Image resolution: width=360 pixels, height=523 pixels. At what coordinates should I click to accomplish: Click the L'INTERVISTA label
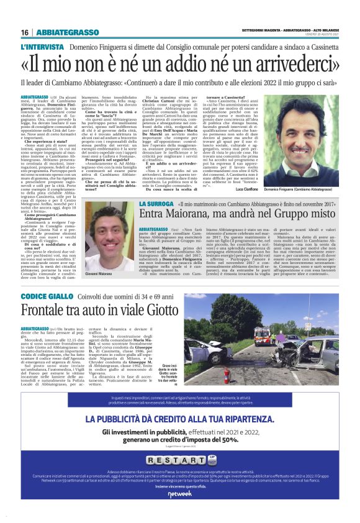41,47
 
